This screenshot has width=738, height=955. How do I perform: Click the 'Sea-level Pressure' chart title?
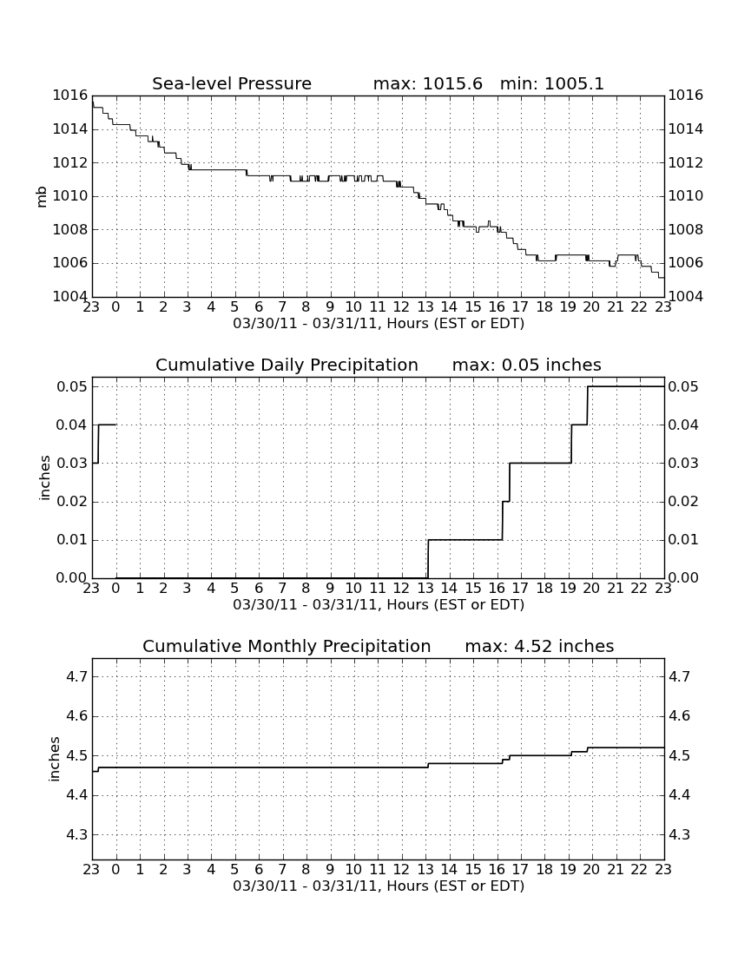click(x=232, y=83)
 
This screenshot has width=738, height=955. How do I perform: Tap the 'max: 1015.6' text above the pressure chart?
click(x=427, y=83)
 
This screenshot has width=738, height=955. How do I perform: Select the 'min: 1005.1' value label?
click(x=551, y=83)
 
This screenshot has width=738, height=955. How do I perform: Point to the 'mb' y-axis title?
click(x=42, y=197)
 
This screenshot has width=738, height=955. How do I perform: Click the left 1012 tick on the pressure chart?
click(x=69, y=162)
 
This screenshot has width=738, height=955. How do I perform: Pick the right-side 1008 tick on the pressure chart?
click(x=686, y=229)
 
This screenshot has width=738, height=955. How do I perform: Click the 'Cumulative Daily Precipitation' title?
click(x=287, y=365)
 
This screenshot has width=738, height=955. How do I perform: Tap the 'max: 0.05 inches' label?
click(x=527, y=365)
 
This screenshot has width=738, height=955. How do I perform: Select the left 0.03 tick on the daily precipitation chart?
click(x=72, y=464)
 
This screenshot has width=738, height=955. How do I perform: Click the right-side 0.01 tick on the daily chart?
click(x=683, y=540)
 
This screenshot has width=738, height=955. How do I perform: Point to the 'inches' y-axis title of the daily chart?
click(x=44, y=478)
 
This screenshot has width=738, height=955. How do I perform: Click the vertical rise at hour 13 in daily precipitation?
click(x=428, y=558)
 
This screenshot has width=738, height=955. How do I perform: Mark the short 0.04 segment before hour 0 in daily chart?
click(x=107, y=425)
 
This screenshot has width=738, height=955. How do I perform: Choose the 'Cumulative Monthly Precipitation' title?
click(x=287, y=646)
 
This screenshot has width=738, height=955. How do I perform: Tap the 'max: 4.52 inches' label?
click(x=539, y=646)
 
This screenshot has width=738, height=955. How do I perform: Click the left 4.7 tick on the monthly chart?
click(x=76, y=676)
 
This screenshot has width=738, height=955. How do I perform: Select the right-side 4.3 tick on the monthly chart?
click(x=679, y=835)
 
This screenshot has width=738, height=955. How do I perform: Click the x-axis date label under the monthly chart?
click(x=379, y=886)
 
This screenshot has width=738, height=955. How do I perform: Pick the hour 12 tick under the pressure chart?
click(x=401, y=306)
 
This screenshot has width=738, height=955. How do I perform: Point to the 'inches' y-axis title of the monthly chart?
click(x=55, y=759)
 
